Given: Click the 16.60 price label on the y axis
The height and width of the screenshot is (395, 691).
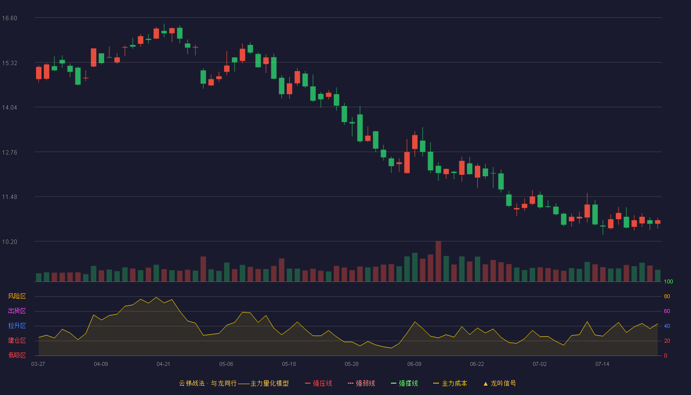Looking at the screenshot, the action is point(9,18).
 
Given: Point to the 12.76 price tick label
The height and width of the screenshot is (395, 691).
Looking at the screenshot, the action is point(9,153).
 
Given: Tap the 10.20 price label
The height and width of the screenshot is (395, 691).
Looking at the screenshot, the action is point(9,242).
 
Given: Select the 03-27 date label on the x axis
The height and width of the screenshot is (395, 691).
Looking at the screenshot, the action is point(38,364).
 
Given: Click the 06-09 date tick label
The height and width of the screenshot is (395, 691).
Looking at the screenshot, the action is point(414,364).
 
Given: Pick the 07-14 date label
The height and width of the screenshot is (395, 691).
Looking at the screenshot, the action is point(603,364).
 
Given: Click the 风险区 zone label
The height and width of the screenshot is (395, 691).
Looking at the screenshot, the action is point(17,296).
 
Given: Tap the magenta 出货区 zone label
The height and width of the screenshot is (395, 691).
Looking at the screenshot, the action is point(17,311).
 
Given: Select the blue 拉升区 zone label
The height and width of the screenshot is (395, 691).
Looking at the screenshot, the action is point(17,325).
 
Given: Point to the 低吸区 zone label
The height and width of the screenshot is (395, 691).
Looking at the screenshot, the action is point(17,355).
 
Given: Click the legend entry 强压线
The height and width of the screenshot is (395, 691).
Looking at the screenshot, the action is point(318,383).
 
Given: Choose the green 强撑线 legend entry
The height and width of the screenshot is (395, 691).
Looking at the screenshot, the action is point(404,383).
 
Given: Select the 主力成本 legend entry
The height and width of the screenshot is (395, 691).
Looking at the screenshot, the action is point(450,383).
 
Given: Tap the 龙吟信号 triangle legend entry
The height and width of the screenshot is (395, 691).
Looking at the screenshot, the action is point(499,383).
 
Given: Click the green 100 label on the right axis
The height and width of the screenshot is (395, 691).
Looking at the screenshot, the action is point(668,281).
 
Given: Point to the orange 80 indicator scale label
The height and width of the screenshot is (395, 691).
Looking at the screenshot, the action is point(667,296).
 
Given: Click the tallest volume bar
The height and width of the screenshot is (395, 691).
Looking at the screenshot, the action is point(438,261).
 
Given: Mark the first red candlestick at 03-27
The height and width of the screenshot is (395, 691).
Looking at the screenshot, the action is point(38,73).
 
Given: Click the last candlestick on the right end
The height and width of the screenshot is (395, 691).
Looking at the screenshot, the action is point(657,222).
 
